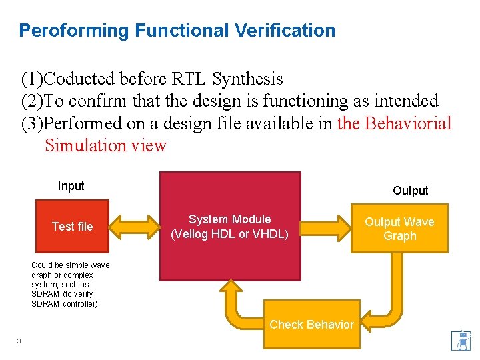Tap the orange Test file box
point(72,227)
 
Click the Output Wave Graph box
point(399,229)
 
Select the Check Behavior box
point(311,325)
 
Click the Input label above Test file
point(71,186)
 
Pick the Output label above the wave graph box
point(410,191)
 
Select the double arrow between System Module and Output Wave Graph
point(326,227)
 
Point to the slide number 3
point(19,341)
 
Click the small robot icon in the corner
point(460,340)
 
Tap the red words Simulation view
point(105,145)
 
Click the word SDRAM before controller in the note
point(43,304)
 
